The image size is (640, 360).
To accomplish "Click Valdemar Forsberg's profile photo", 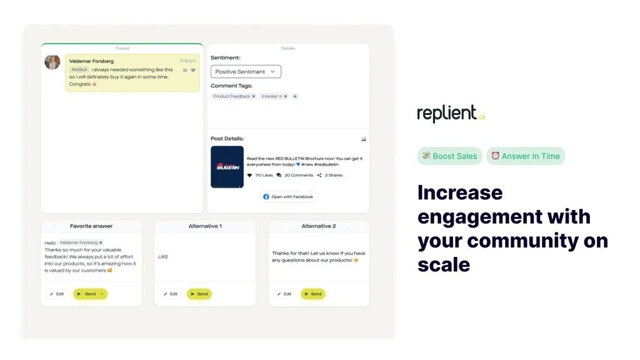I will tap(52, 62).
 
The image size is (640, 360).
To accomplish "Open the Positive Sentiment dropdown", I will tap(246, 72).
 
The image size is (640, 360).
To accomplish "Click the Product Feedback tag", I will tap(232, 96).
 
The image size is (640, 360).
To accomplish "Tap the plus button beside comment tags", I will tap(295, 96).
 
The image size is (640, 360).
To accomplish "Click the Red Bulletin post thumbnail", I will tap(227, 167).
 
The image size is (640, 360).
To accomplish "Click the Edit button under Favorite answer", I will tap(57, 294).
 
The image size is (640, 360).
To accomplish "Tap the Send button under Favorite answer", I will tap(87, 294).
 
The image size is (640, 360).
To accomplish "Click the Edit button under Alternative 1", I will tap(171, 294).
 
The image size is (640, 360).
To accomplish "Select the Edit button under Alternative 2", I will tap(284, 294).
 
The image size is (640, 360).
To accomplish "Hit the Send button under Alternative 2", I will tap(313, 294).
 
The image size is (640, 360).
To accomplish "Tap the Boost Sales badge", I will tap(450, 156).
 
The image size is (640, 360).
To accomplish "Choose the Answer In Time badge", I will tap(526, 156).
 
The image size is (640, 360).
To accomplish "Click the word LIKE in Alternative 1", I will tap(163, 257).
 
